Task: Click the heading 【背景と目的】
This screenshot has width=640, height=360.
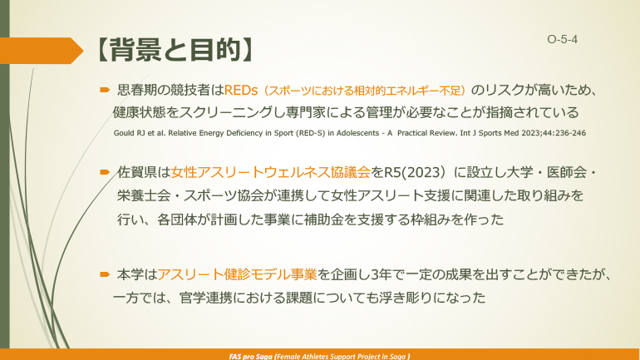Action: [170, 49]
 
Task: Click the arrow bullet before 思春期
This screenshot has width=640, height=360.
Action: [105, 89]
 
